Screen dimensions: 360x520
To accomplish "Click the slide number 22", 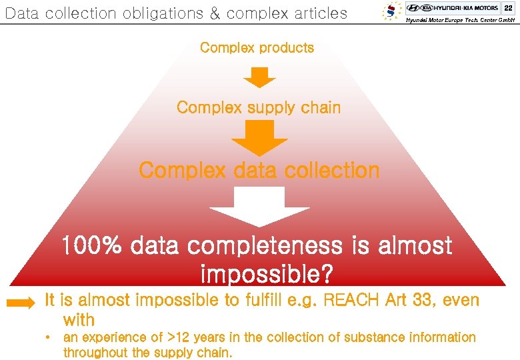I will [508, 7].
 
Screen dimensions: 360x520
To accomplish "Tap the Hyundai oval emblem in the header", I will [413, 8].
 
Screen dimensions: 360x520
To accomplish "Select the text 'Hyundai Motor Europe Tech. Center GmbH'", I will [460, 21].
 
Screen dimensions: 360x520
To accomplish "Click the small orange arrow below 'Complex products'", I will [259, 77].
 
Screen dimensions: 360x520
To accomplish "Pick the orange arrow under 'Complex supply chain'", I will [259, 139].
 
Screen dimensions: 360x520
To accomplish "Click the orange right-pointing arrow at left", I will [21, 303].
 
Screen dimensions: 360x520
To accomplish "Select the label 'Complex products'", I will [257, 48].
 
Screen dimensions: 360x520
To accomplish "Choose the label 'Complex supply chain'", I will [259, 107].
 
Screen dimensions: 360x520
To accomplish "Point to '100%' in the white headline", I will [93, 246].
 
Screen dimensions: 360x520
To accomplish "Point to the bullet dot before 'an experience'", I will [49, 337].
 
